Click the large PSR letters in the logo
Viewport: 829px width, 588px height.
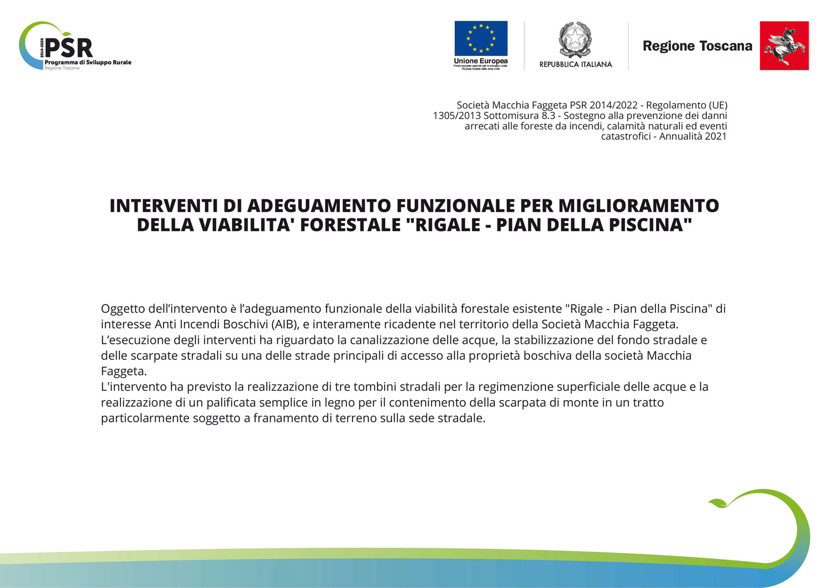69,48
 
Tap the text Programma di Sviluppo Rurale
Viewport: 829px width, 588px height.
88,62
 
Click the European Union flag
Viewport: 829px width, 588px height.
481,38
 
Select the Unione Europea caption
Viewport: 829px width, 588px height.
481,61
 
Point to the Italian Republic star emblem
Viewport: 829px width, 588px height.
575,39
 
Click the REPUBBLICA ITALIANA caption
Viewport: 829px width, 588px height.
575,64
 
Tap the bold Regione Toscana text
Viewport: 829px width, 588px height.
697,46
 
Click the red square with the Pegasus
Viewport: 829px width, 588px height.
784,46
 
